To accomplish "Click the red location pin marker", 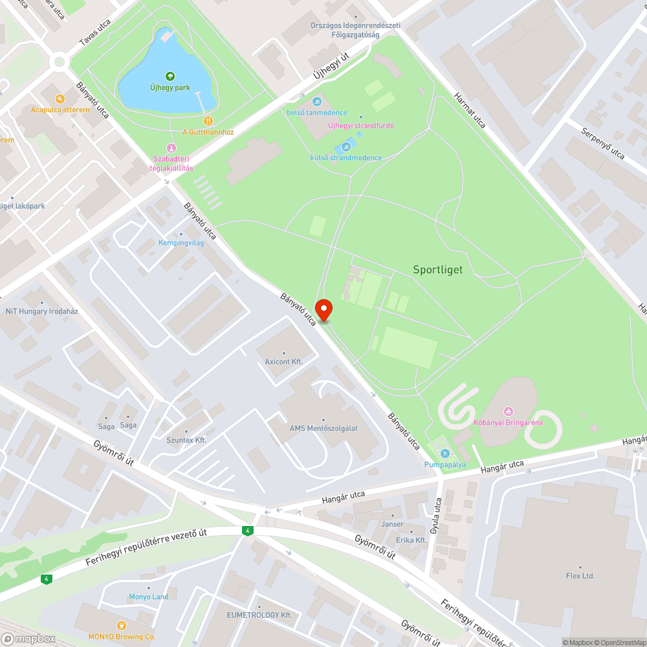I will [323, 310].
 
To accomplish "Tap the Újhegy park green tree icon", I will [170, 76].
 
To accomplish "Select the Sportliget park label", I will [438, 270].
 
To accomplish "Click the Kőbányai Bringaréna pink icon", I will [509, 411].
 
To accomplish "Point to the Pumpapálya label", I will [444, 465].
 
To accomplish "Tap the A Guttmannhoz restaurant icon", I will [208, 120].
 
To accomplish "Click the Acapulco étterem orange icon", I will [60, 99].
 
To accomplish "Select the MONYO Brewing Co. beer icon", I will [121, 625].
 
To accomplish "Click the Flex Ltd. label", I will [580, 575].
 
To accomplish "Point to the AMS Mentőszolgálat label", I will [323, 428].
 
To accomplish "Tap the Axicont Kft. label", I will [283, 362].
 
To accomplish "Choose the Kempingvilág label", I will [181, 243].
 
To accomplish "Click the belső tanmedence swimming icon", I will [316, 102].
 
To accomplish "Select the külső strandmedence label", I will [345, 158].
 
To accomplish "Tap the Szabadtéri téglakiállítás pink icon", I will [171, 148].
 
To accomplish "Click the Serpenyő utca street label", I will [602, 144].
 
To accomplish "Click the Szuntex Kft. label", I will [186, 440].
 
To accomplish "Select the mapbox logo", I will [28, 639].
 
